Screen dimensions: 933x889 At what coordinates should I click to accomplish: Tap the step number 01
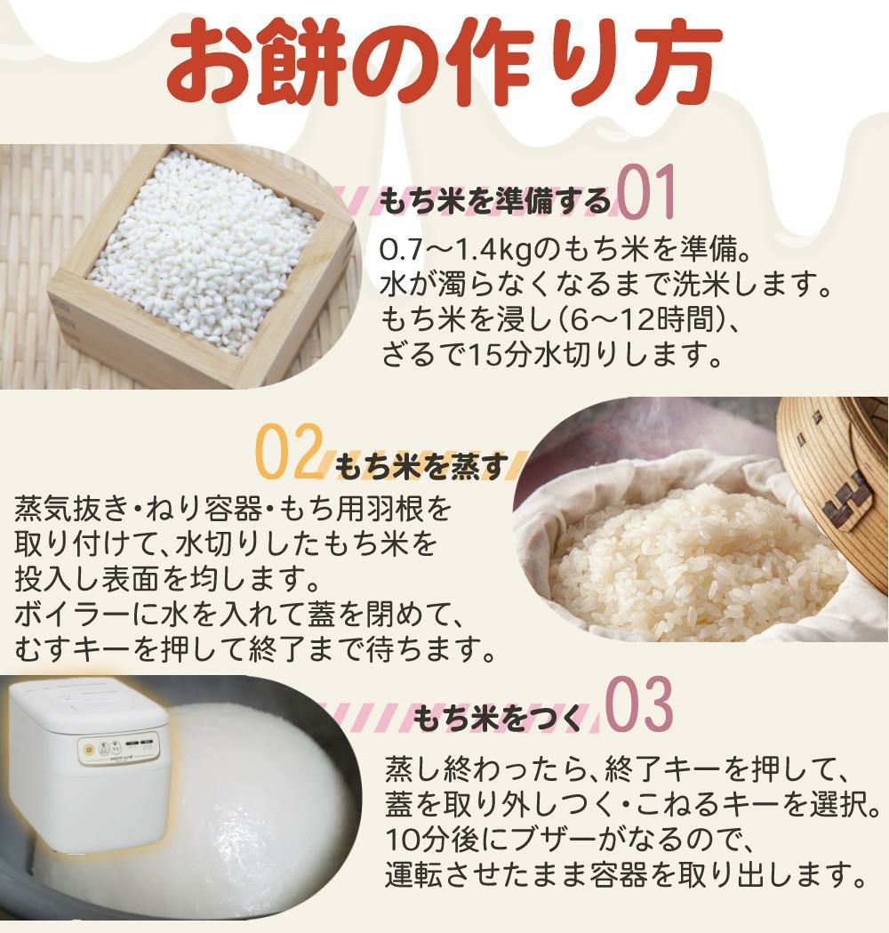646,192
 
